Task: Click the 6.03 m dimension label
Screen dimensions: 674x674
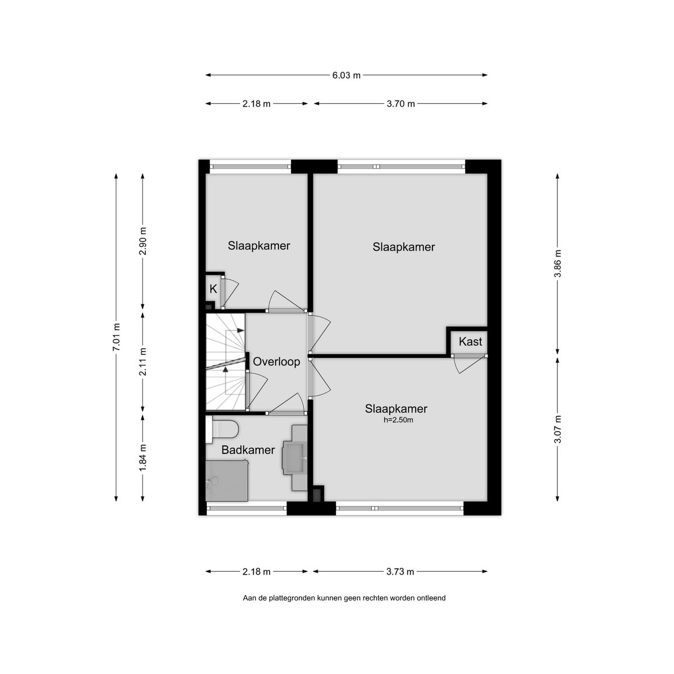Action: pyautogui.click(x=346, y=75)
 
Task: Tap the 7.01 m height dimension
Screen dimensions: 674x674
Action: pyautogui.click(x=116, y=337)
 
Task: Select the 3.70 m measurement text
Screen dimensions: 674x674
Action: pyautogui.click(x=400, y=104)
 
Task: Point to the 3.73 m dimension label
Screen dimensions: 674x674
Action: pyautogui.click(x=400, y=572)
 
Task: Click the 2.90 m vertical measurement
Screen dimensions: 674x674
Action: pyautogui.click(x=143, y=241)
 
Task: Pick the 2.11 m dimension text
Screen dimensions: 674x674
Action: pyautogui.click(x=143, y=362)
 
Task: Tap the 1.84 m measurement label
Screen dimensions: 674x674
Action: pyautogui.click(x=143, y=458)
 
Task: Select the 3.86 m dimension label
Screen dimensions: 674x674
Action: pyautogui.click(x=557, y=263)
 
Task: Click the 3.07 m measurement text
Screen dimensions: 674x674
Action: pyautogui.click(x=557, y=429)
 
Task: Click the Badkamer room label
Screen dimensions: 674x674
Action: pyautogui.click(x=248, y=450)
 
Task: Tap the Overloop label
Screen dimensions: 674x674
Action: pyautogui.click(x=276, y=362)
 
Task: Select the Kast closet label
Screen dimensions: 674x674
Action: pyautogui.click(x=470, y=341)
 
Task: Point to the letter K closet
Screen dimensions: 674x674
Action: pyautogui.click(x=213, y=289)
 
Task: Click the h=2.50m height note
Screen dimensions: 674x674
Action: pyautogui.click(x=398, y=420)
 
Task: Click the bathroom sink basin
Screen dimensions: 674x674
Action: pyautogui.click(x=295, y=458)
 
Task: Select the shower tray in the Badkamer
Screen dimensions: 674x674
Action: pyautogui.click(x=227, y=481)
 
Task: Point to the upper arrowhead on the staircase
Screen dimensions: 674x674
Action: pyautogui.click(x=240, y=330)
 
